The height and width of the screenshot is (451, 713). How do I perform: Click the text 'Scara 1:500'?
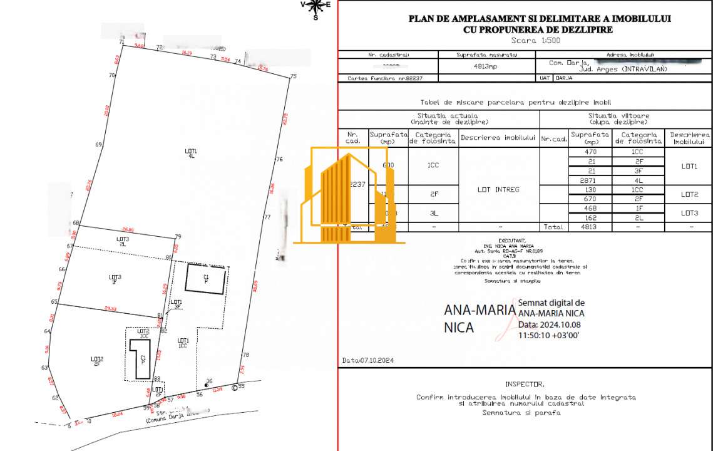535,40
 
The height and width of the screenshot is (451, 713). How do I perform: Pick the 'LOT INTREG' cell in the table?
498,189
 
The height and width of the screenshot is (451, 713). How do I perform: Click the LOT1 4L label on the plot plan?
191,153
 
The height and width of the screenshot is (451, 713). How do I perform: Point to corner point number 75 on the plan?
292,76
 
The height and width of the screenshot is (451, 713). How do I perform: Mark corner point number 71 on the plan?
121,42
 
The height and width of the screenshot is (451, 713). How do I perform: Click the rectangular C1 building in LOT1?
206,279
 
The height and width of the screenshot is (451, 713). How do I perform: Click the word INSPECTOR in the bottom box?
525,384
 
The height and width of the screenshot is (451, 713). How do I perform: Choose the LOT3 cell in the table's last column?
689,212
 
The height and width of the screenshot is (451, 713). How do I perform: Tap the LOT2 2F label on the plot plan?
97,361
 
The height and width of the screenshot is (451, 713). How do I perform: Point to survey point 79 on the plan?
178,237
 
